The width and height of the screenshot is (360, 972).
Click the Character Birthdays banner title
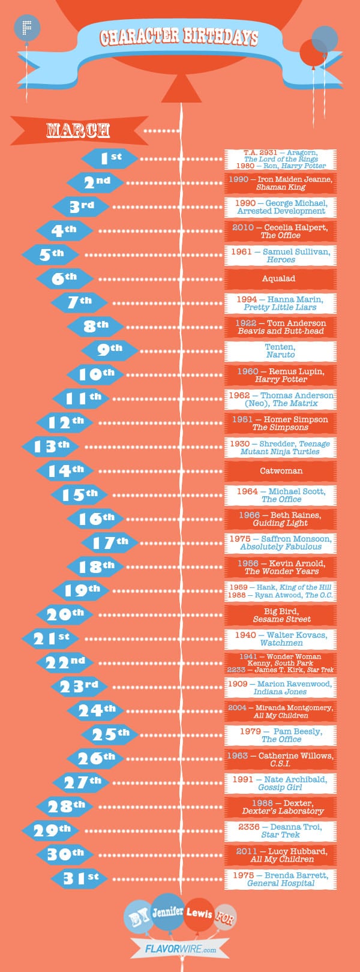pos(179,37)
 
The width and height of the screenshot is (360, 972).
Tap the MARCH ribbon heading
pos(79,130)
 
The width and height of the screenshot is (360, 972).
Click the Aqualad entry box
pos(280,279)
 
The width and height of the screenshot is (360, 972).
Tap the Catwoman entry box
pos(280,471)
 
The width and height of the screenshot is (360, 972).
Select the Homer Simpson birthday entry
pos(280,423)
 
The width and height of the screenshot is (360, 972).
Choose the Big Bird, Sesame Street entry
pos(280,615)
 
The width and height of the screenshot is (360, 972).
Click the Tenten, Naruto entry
pos(280,351)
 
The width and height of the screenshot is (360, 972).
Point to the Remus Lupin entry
pos(280,375)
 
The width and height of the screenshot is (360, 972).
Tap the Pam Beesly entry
pos(280,735)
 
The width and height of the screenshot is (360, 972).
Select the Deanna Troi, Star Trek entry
pos(280,831)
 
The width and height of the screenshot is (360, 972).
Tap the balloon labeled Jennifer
pos(167,912)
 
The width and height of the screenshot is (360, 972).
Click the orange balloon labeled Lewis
pos(199,914)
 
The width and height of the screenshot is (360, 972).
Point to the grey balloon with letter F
pos(27,28)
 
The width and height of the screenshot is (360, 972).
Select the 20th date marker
pos(65,614)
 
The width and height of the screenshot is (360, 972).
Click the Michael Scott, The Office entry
pos(280,495)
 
